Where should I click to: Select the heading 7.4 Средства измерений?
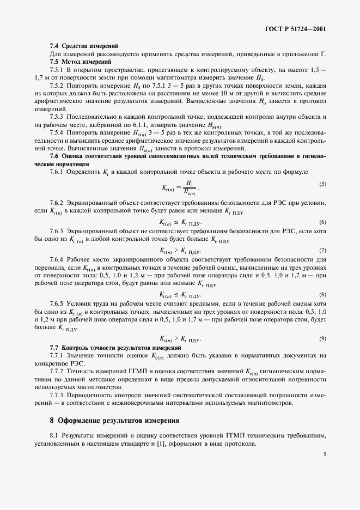[x=83, y=45]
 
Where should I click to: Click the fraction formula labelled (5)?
[x=180, y=187]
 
